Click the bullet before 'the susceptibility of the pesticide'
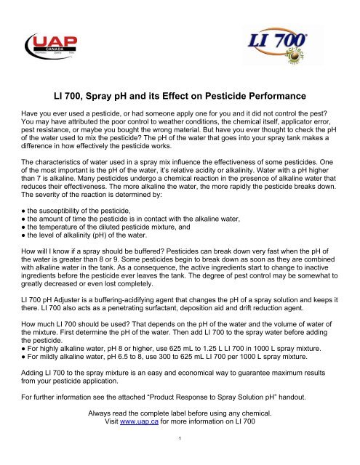pyautogui.click(x=20, y=208)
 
